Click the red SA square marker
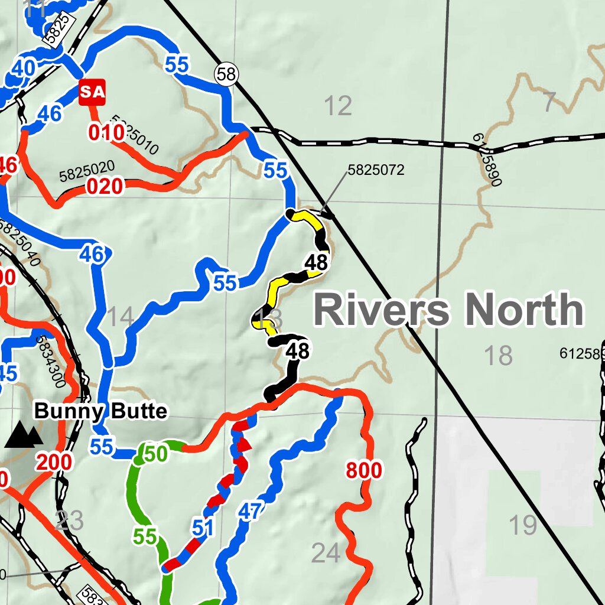pyautogui.click(x=92, y=92)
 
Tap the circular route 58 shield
pyautogui.click(x=226, y=74)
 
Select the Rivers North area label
pyautogui.click(x=449, y=310)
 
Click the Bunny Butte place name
pyautogui.click(x=100, y=411)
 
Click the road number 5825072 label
pyautogui.click(x=376, y=170)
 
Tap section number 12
pyautogui.click(x=338, y=106)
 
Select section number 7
pyautogui.click(x=549, y=103)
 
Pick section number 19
pyautogui.click(x=522, y=524)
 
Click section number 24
pyautogui.click(x=326, y=554)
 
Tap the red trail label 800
pyautogui.click(x=363, y=471)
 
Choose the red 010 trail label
pyautogui.click(x=106, y=133)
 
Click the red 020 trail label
pyautogui.click(x=105, y=187)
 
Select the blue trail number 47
pyautogui.click(x=249, y=511)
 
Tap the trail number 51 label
pyautogui.click(x=202, y=528)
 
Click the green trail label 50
pyautogui.click(x=155, y=454)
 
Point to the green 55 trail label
pyautogui.click(x=145, y=536)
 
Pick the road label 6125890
pyautogui.click(x=487, y=159)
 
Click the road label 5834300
pyautogui.click(x=50, y=362)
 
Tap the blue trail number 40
pyautogui.click(x=23, y=69)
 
